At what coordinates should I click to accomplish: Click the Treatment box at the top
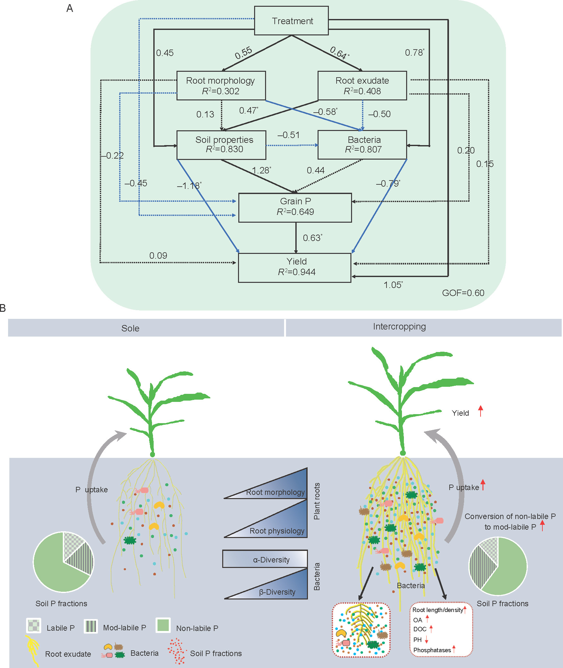(291, 21)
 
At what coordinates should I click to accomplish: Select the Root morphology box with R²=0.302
(221, 86)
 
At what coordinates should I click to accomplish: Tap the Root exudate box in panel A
(362, 86)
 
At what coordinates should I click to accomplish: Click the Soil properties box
(221, 145)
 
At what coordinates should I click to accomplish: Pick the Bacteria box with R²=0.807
(362, 145)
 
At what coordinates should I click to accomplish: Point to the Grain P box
(295, 208)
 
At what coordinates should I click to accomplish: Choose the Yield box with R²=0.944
(295, 268)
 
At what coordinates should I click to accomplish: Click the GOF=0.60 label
(463, 293)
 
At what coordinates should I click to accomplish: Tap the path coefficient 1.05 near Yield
(393, 285)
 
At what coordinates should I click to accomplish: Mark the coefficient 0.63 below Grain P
(312, 238)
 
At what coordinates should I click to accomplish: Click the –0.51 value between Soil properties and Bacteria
(289, 135)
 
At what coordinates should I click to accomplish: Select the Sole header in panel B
(130, 328)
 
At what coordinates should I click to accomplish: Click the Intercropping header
(399, 327)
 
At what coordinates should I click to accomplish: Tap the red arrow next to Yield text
(481, 411)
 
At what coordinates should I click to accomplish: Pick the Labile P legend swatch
(33, 626)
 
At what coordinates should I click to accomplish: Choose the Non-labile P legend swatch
(163, 625)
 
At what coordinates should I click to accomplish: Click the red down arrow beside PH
(426, 640)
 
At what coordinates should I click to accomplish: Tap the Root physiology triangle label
(277, 531)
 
